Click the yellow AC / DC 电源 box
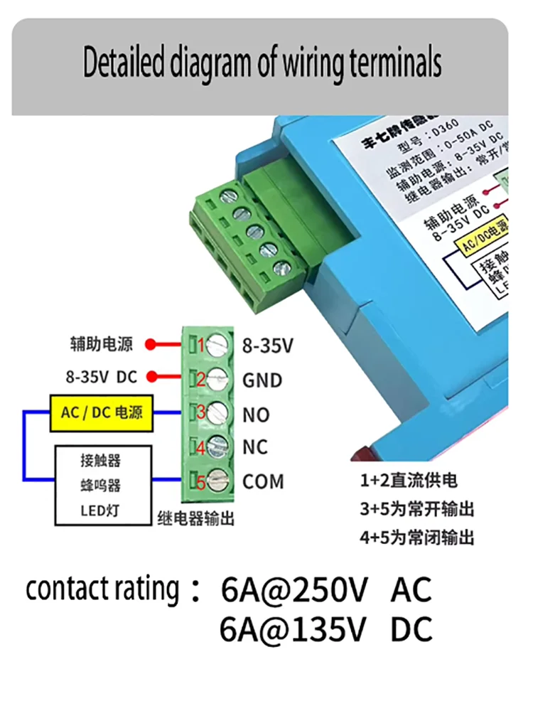[x=102, y=413]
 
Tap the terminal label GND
[x=262, y=380]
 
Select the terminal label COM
[x=263, y=481]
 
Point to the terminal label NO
[x=256, y=415]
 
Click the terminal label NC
[x=255, y=447]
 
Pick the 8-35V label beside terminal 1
[x=268, y=346]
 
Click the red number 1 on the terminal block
[x=201, y=346]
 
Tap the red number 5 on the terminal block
[x=201, y=483]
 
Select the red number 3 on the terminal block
[x=201, y=413]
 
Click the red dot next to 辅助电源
[x=150, y=346]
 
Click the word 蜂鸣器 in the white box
[x=100, y=486]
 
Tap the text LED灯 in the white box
[x=100, y=510]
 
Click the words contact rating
[x=103, y=590]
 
